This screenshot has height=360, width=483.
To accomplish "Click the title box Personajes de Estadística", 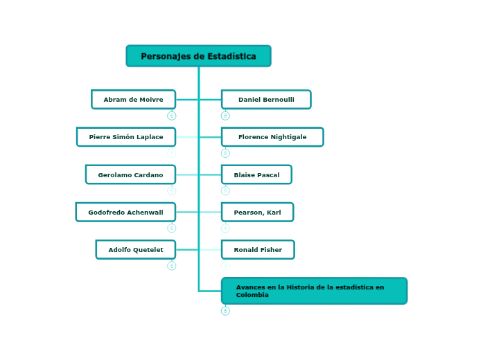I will (x=198, y=56).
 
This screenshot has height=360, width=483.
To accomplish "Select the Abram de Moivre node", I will (x=133, y=100).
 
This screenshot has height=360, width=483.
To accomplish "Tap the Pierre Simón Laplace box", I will (x=126, y=137).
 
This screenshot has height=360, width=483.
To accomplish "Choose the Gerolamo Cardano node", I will (x=130, y=174).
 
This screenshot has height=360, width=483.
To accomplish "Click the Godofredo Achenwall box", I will (x=125, y=212).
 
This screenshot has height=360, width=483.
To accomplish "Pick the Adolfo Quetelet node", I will (x=136, y=249).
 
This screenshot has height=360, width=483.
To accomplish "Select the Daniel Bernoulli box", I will (x=266, y=100).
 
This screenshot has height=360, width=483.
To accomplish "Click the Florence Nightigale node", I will (x=272, y=137).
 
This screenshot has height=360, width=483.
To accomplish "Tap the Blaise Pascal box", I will (x=256, y=174).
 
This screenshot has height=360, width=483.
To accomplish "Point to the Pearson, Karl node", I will (x=257, y=212).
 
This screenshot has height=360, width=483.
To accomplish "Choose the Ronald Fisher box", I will (x=258, y=249).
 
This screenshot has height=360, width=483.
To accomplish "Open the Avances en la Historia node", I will (x=314, y=291).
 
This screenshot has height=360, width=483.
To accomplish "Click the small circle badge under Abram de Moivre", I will (x=172, y=116).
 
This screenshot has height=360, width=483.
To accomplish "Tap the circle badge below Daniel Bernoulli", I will (x=225, y=116).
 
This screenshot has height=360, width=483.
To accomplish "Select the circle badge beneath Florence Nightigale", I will (x=225, y=153).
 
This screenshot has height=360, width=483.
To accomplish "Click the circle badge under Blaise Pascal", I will (x=225, y=190).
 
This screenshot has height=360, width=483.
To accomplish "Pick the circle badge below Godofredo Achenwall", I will (x=172, y=228).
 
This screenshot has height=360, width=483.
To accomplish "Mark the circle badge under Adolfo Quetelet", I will (x=172, y=265).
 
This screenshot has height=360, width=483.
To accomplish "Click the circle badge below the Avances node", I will (x=225, y=311).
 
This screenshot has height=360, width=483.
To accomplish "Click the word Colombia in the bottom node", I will (x=252, y=295).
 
